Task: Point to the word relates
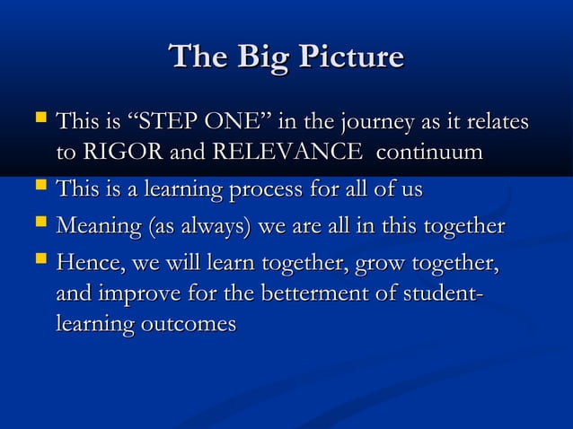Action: point(493,120)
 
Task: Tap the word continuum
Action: point(429,153)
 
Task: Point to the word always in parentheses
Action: point(211,226)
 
